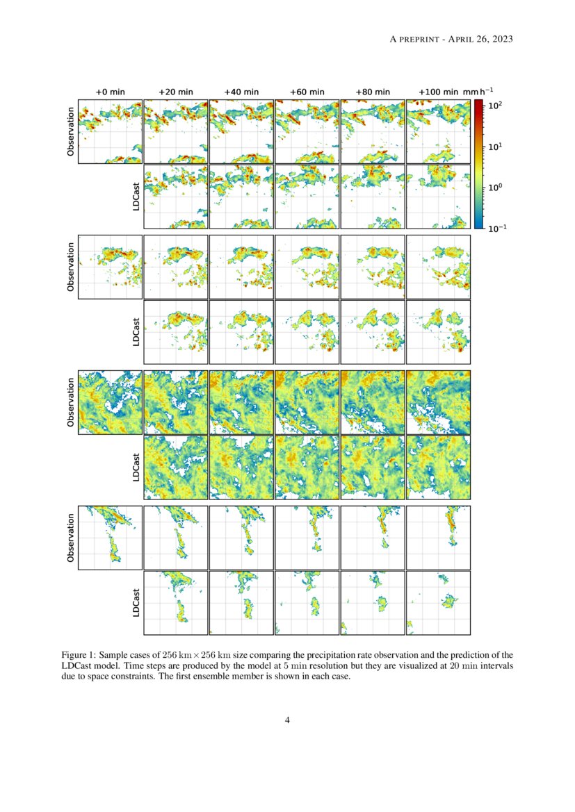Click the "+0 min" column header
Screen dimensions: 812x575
pyautogui.click(x=109, y=92)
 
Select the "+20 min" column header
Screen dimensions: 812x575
pyautogui.click(x=175, y=92)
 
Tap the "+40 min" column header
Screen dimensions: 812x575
pyautogui.click(x=241, y=92)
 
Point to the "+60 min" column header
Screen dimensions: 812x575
pyautogui.click(x=307, y=92)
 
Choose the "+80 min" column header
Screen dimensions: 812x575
pyautogui.click(x=373, y=92)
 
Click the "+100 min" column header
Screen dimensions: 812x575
pyautogui.click(x=438, y=92)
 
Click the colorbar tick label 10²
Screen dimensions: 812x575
pyautogui.click(x=496, y=105)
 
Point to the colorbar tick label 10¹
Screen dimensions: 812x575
pyautogui.click(x=496, y=147)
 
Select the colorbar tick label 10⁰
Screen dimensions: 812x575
pyautogui.click(x=496, y=188)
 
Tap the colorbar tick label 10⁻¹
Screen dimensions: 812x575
pyautogui.click(x=497, y=229)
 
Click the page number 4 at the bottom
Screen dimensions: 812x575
pyautogui.click(x=287, y=720)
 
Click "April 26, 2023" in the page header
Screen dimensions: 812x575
pyautogui.click(x=480, y=39)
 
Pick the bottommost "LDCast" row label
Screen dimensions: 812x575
pyautogui.click(x=136, y=603)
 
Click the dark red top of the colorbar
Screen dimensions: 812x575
pyautogui.click(x=478, y=103)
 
